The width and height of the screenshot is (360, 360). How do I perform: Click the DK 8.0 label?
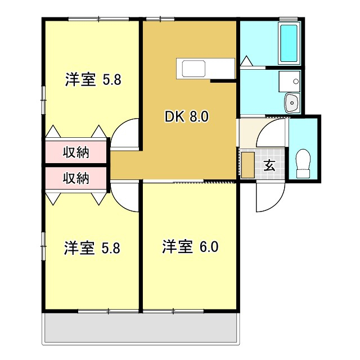pos(187,116)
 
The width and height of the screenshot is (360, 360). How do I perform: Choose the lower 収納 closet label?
pos(76,178)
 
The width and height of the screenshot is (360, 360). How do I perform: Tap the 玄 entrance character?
pos(269,165)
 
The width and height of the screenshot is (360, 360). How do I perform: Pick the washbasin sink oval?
pos(292,103)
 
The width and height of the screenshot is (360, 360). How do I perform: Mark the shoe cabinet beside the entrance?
pos(248,164)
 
